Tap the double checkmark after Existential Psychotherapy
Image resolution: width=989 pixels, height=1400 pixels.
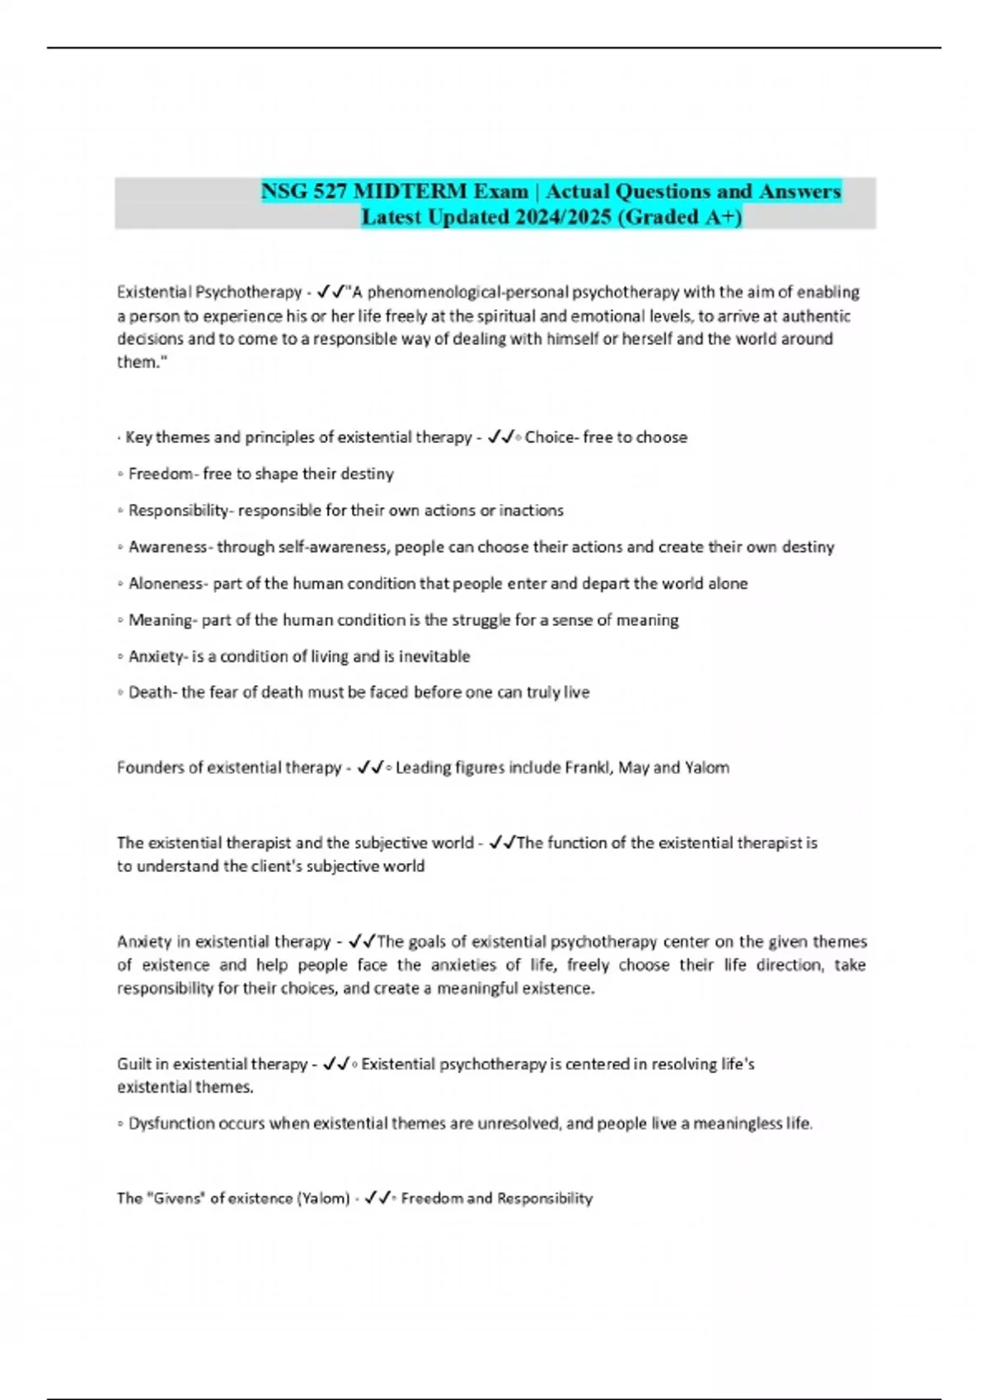tap(332, 292)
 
